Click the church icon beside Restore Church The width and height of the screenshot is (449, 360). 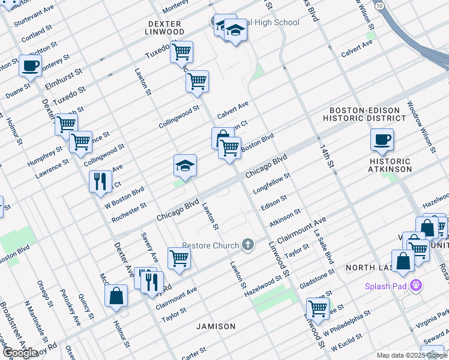(247, 245)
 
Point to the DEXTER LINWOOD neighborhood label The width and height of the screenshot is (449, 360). (165, 28)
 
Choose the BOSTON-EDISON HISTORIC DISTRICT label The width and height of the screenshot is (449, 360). (365, 115)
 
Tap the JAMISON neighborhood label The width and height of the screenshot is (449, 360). (215, 326)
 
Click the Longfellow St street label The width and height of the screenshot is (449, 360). (272, 184)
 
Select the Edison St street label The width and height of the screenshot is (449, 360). (274, 202)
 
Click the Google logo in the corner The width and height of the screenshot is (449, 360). (20, 352)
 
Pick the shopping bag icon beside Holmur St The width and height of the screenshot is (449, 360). (116, 296)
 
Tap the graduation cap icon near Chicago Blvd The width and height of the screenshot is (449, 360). (185, 166)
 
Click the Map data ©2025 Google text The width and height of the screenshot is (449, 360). (411, 355)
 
